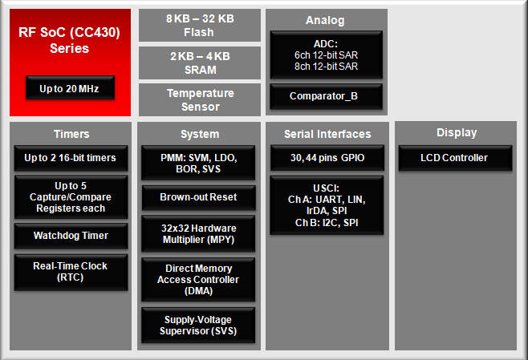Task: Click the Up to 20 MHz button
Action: coord(70,87)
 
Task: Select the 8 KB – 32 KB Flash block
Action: coord(200,25)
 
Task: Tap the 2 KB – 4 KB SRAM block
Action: coord(200,63)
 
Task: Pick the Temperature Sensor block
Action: coord(200,100)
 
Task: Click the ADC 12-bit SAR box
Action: coord(326,55)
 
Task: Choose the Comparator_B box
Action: coord(326,96)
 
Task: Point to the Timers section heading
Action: coord(71,134)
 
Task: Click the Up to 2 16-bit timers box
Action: coord(71,158)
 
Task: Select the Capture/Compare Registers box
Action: coord(71,196)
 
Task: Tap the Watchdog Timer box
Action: coord(71,236)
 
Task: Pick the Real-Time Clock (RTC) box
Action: coord(71,272)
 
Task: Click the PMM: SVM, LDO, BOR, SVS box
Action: coord(198,163)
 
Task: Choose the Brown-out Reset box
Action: coord(199,197)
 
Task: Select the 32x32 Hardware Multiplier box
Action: coord(198,233)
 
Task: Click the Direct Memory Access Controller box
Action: coord(198,279)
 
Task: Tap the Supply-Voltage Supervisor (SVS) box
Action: coord(198,325)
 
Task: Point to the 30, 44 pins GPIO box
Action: coord(327,158)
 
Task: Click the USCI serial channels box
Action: coord(327,205)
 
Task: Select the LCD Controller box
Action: coord(455,158)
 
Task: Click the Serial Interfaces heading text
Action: coord(327,134)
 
